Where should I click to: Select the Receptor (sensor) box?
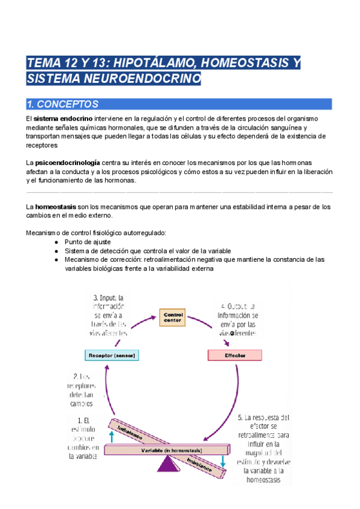tap(113, 355)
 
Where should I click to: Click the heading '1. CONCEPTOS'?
tap(63, 104)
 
